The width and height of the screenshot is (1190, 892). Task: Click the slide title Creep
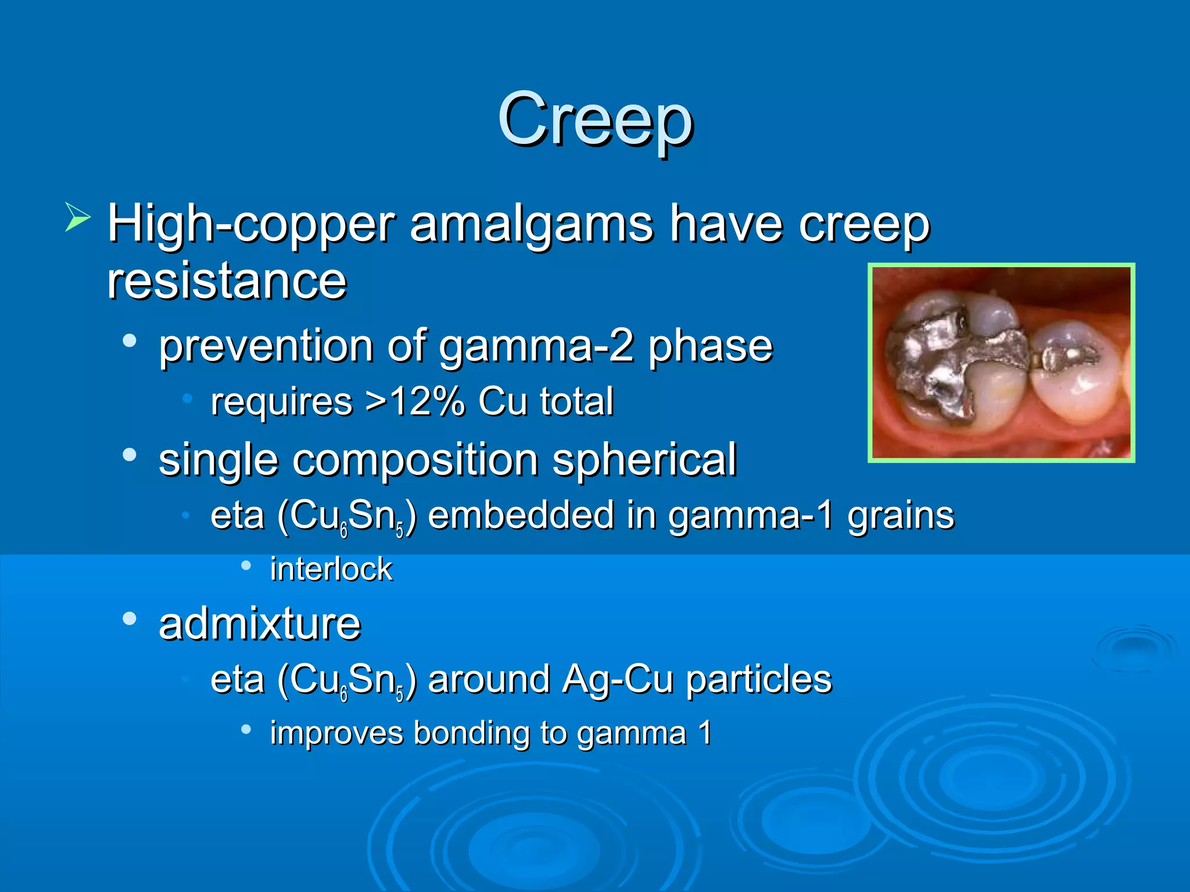[x=595, y=120]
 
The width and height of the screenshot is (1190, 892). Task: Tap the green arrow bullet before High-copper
[x=77, y=217]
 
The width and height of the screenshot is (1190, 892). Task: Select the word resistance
[x=227, y=281]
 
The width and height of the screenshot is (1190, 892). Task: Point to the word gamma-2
[x=535, y=347]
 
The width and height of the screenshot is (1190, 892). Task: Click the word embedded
[x=521, y=516]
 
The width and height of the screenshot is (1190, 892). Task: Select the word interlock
[x=331, y=569]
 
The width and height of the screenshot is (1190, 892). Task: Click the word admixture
[x=260, y=624]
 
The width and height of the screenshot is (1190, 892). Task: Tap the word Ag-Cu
[x=617, y=679]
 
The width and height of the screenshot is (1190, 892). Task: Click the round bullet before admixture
[x=130, y=619]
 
